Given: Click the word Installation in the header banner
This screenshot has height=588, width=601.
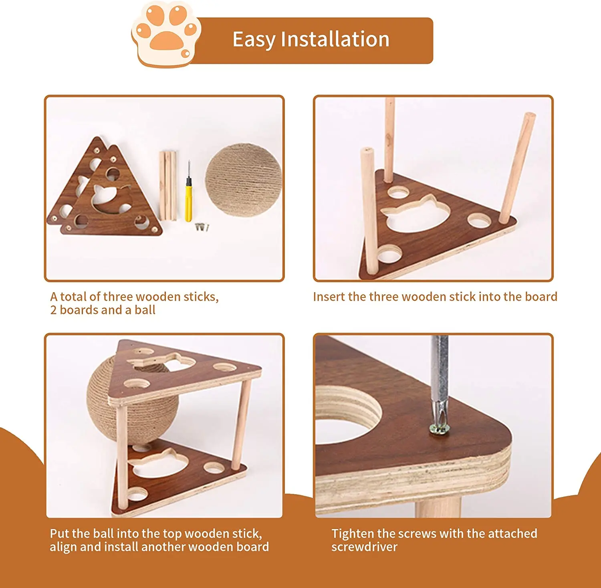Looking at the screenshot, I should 335,39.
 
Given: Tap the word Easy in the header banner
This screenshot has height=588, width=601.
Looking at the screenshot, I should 254,39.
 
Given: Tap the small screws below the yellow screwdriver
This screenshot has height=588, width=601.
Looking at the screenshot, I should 203,227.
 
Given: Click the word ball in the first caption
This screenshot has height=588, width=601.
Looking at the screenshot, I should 145,310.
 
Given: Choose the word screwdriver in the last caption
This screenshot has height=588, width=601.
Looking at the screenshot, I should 364,547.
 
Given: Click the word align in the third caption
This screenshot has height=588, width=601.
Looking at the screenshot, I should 63,547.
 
